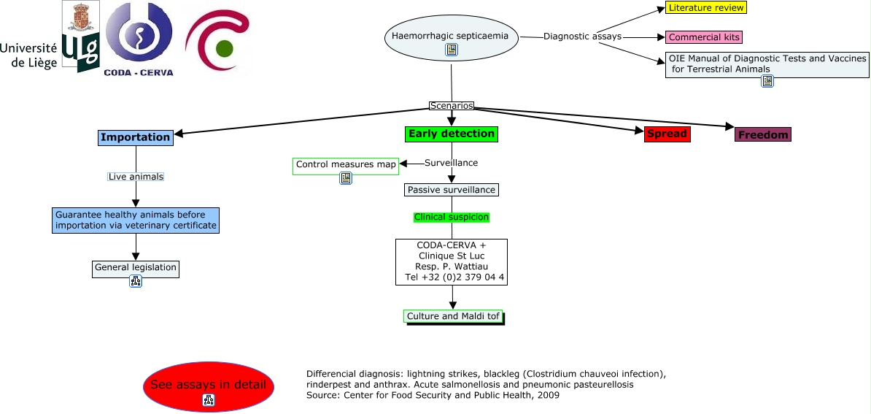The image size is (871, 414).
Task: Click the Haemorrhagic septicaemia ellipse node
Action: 452,37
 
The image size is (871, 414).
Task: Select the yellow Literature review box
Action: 706,8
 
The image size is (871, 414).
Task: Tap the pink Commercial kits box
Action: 705,37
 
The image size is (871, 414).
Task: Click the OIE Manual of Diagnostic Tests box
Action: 767,65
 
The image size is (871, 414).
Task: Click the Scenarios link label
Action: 452,106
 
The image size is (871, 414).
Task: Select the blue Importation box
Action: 136,137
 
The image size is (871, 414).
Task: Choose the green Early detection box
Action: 452,134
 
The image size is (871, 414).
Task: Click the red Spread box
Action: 667,134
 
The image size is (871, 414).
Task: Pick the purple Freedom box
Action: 763,135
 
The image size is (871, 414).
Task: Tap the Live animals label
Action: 136,177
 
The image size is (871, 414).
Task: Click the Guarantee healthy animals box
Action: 136,221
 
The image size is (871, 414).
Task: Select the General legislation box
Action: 136,268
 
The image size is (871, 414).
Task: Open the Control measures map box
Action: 346,166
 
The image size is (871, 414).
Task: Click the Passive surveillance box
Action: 452,190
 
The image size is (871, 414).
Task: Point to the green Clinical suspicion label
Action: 452,217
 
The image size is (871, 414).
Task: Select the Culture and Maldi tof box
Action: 453,316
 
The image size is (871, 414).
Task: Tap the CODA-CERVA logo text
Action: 139,72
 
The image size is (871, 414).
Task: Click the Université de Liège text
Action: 28,55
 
